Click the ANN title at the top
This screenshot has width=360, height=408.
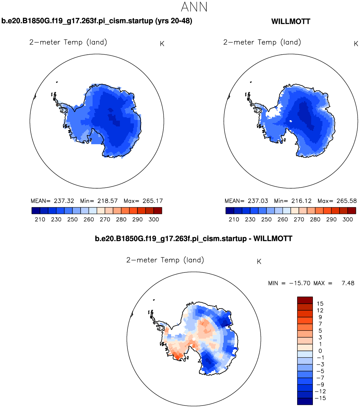(x=194, y=7)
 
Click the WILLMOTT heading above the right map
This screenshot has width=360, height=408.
(x=290, y=22)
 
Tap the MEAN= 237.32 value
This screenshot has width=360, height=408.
(x=52, y=201)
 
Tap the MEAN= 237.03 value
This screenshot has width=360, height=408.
(x=246, y=201)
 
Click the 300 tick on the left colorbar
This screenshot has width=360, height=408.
(x=154, y=219)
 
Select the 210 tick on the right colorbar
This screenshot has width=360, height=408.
(x=234, y=219)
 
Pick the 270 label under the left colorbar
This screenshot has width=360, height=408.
(x=105, y=219)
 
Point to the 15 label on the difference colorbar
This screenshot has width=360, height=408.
(x=320, y=303)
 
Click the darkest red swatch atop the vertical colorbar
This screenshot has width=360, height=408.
(x=305, y=300)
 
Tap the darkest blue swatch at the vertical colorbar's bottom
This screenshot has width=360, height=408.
(x=305, y=402)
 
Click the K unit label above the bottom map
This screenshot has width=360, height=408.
(x=259, y=262)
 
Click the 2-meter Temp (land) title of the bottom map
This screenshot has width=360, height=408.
(x=165, y=260)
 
